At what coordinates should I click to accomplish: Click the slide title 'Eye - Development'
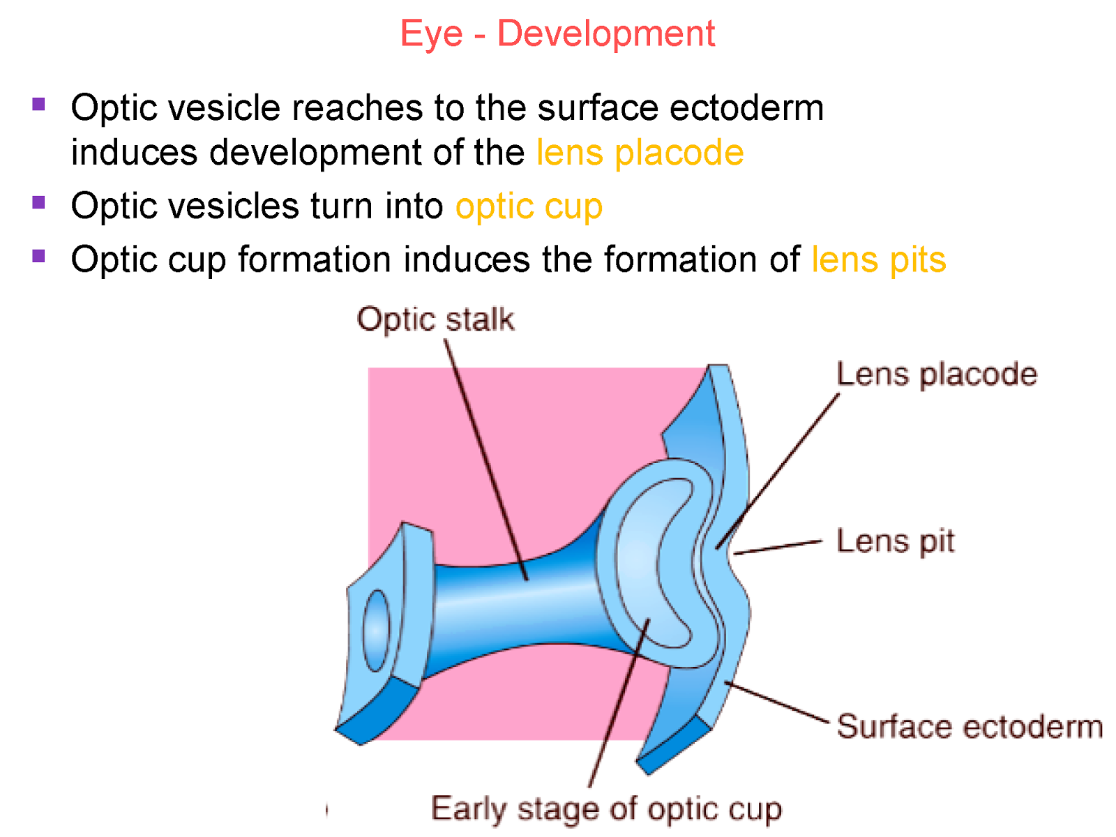[557, 33]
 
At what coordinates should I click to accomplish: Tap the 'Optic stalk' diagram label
[435, 319]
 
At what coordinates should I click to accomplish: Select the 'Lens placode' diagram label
[936, 375]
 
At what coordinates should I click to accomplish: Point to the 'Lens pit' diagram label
[895, 541]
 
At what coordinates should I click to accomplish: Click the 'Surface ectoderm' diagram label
[970, 727]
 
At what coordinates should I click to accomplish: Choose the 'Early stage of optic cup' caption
[606, 809]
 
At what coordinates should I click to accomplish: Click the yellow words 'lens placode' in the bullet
[640, 153]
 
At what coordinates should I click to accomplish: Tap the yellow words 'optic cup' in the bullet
[529, 206]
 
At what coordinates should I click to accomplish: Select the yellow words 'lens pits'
[878, 259]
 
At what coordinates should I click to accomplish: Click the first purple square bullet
[39, 105]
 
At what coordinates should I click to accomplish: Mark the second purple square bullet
[39, 203]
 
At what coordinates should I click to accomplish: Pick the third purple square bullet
[39, 256]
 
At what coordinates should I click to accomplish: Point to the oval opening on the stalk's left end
[376, 631]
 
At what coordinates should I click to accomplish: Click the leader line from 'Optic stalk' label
[485, 460]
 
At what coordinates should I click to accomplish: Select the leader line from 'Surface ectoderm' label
[778, 703]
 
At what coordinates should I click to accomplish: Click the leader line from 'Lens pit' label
[778, 548]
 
